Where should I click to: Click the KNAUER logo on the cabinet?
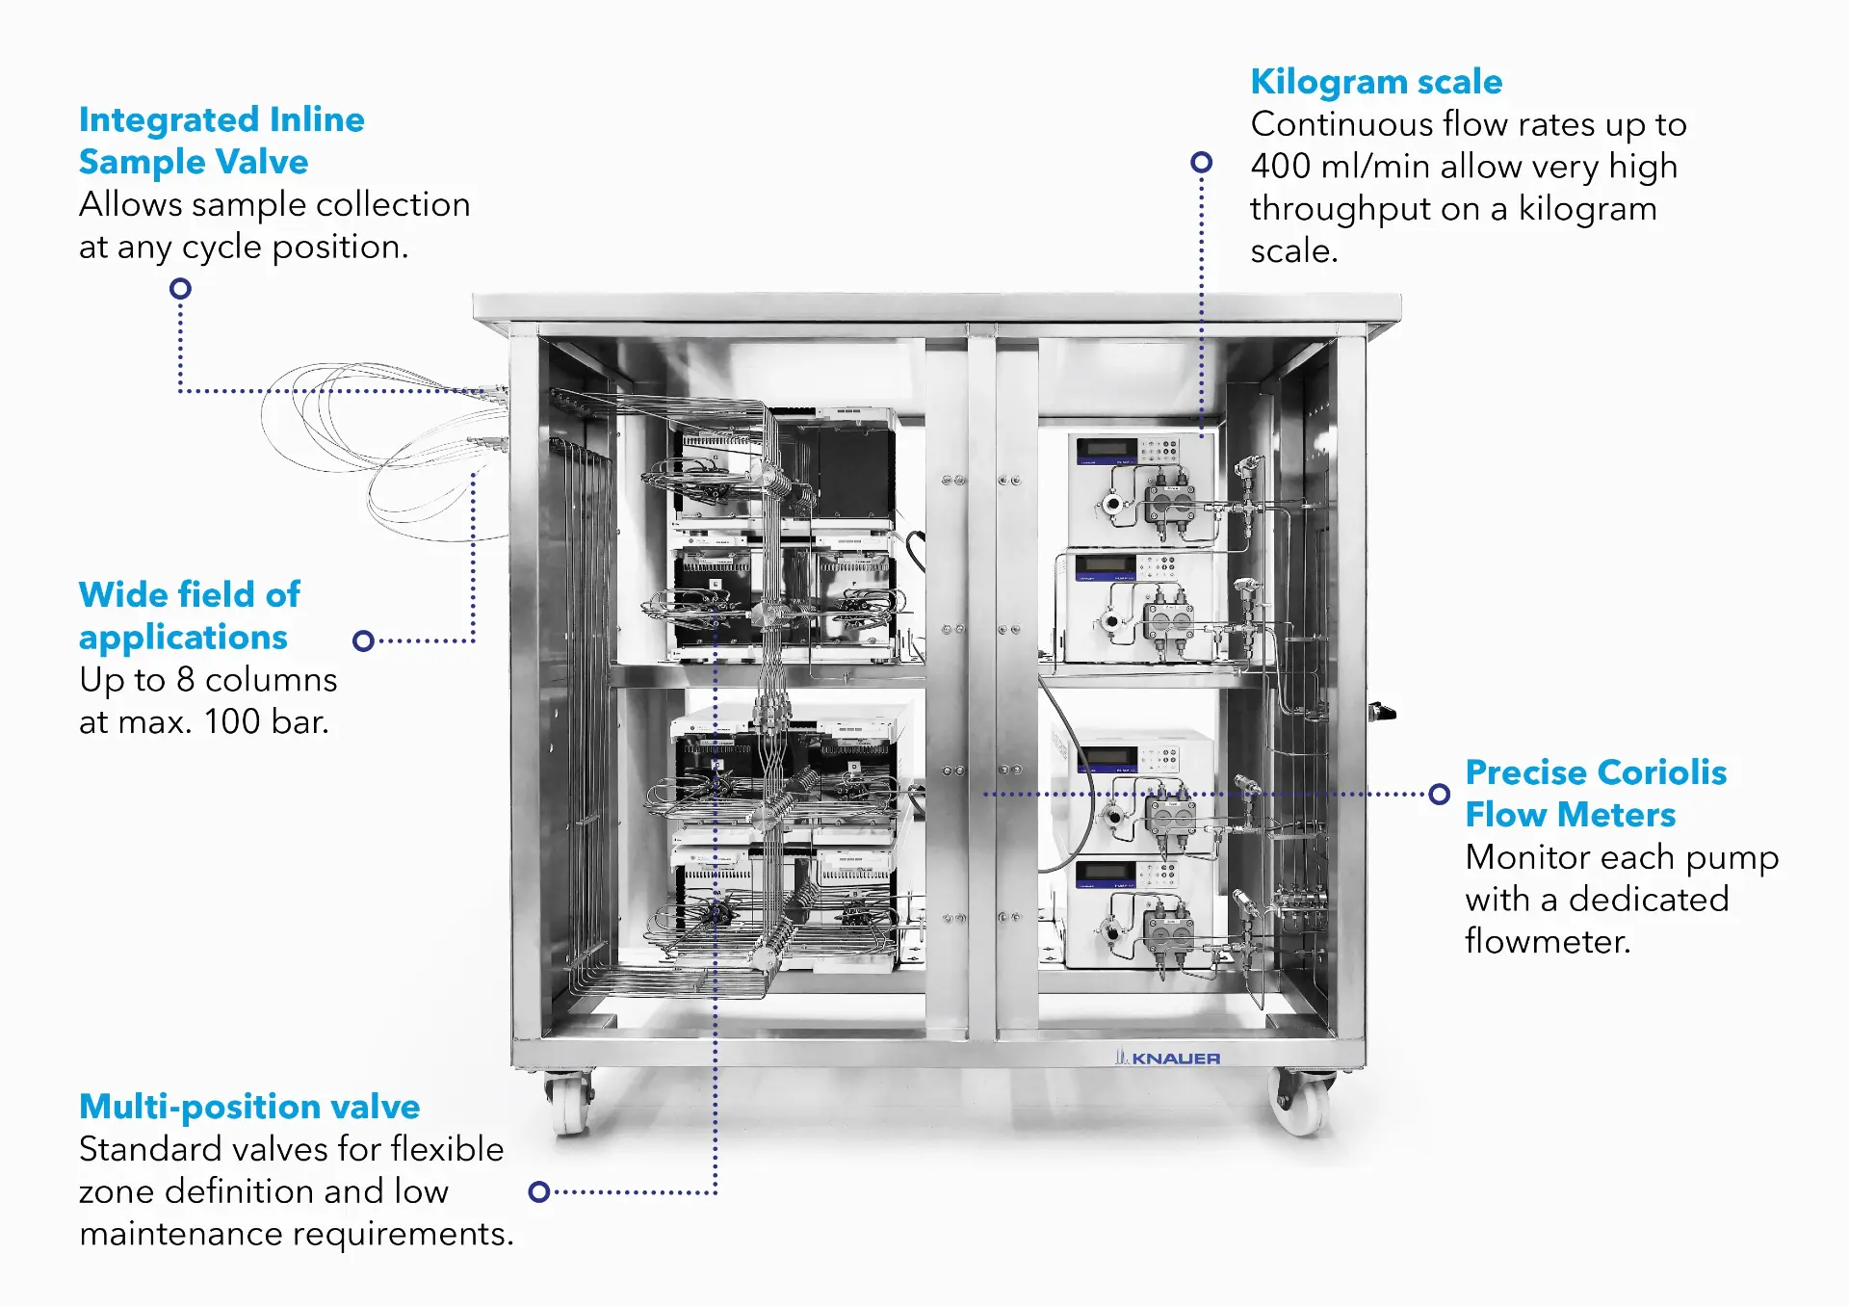tap(1167, 1058)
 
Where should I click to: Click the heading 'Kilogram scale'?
tap(1375, 82)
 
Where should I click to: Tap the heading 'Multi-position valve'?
tap(248, 1107)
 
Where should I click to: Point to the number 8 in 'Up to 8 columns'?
tap(185, 680)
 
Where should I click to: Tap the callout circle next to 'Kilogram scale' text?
tap(1201, 162)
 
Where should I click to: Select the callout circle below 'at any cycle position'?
tap(180, 288)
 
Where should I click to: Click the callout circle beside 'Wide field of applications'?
tap(363, 640)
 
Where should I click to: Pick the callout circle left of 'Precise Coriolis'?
tap(1439, 795)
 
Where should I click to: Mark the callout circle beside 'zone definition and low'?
tap(539, 1191)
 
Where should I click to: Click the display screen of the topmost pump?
tap(1107, 448)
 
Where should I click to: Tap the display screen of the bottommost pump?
tap(1107, 874)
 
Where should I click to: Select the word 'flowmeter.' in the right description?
tap(1547, 941)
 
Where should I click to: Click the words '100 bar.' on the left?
tap(267, 721)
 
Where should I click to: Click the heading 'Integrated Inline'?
tap(221, 119)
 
